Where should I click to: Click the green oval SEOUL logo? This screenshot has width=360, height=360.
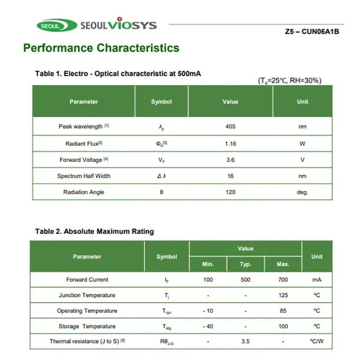(x=50, y=26)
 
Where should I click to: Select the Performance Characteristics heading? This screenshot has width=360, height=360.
(x=101, y=48)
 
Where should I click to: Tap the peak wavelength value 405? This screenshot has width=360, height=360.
(x=230, y=126)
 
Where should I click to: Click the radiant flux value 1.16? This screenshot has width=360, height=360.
(x=230, y=144)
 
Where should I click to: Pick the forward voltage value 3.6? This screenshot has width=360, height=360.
(x=230, y=160)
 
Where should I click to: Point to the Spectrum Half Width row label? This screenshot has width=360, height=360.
(x=84, y=176)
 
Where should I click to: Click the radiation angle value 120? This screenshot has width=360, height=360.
(x=230, y=192)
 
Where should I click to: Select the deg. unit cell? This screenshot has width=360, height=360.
(x=302, y=192)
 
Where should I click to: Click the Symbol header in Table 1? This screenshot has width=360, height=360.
(x=162, y=102)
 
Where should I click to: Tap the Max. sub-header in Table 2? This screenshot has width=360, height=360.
(x=283, y=264)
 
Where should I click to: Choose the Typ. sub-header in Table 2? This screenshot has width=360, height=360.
(x=245, y=264)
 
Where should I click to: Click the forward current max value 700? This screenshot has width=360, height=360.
(x=283, y=279)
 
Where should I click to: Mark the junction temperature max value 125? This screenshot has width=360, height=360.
(x=283, y=295)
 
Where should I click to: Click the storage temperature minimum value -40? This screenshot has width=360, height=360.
(x=208, y=326)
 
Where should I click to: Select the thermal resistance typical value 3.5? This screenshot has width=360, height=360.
(x=245, y=342)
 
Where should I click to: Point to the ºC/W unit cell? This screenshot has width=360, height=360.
(x=317, y=342)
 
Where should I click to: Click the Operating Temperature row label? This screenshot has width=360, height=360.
(x=87, y=311)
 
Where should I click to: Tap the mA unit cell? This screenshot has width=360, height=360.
(x=317, y=279)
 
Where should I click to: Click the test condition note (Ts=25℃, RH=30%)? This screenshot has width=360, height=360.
(x=289, y=81)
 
